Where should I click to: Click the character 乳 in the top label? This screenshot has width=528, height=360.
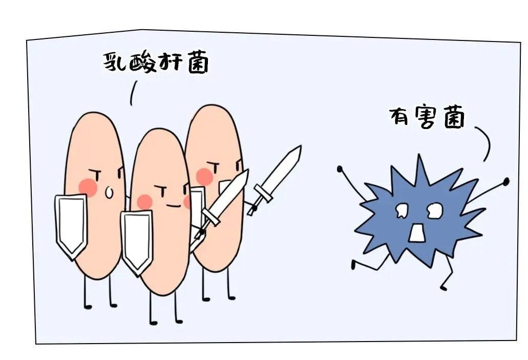coord(116,62)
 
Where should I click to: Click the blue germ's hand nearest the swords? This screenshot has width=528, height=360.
coord(340,168)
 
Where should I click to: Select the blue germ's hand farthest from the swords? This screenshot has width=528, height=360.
coord(506,181)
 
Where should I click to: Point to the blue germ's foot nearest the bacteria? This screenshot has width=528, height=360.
coord(353,265)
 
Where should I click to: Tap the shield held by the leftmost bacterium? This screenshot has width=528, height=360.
coord(71,224)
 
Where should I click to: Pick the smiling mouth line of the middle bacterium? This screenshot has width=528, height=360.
coord(173,206)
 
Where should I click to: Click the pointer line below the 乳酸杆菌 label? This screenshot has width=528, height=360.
coord(133,93)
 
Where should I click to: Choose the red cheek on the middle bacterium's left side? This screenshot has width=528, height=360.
coord(144,202)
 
